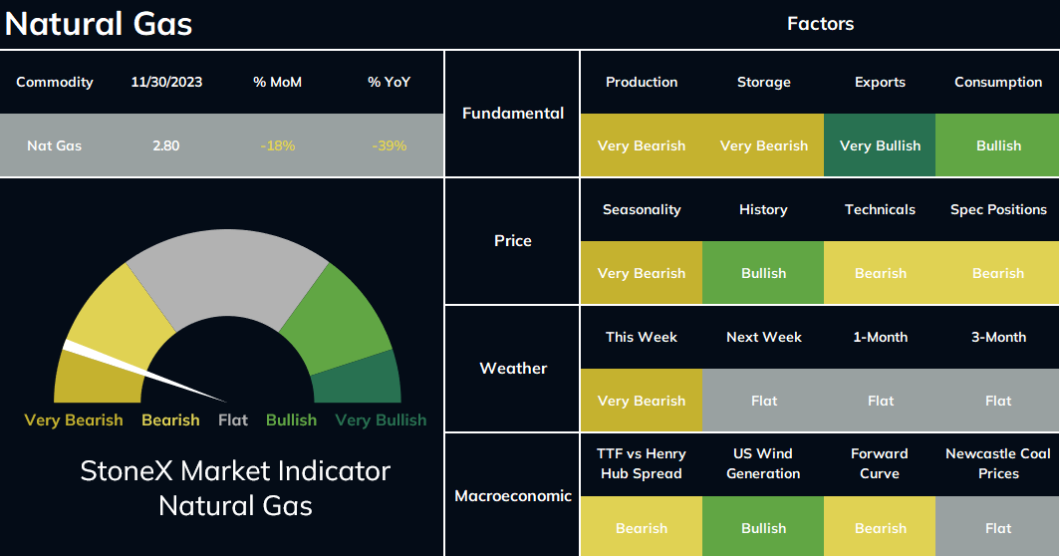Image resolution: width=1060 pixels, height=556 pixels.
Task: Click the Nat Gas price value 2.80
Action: [x=165, y=145]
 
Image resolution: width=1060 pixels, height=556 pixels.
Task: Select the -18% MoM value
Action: [x=278, y=145]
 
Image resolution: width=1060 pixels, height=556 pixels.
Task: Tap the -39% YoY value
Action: [x=390, y=145]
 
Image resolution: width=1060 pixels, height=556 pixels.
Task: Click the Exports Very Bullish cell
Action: [x=880, y=145]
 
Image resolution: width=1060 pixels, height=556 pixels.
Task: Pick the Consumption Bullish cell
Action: [x=998, y=145]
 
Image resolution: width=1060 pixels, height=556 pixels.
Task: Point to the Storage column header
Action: [x=764, y=82]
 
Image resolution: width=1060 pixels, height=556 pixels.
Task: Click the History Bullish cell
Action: [x=763, y=273]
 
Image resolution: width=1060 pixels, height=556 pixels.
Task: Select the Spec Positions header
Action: [x=998, y=209]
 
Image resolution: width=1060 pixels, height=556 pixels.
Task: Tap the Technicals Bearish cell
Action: [x=880, y=273]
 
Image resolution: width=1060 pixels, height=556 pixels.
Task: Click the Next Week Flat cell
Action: [x=763, y=401]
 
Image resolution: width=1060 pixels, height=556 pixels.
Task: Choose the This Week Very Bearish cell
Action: [x=642, y=401]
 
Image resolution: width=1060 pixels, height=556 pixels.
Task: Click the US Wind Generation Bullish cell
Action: [x=763, y=527]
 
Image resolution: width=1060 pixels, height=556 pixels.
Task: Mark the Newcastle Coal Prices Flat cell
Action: [x=998, y=527]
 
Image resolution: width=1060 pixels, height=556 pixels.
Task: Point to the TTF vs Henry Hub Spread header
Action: [x=642, y=463]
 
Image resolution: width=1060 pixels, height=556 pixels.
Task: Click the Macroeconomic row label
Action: [x=513, y=496]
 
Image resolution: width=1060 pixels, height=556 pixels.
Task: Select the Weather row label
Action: [x=513, y=368]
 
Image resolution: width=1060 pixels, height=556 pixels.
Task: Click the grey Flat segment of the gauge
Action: [x=228, y=271]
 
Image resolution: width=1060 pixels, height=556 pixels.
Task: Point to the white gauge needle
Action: [x=144, y=372]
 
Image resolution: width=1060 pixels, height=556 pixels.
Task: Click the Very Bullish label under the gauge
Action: [x=381, y=420]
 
